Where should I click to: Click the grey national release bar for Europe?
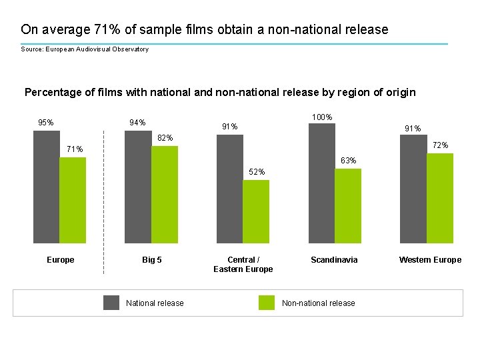[x=46, y=187]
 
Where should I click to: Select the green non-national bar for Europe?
[x=73, y=200]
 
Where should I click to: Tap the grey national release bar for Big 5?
[x=138, y=187]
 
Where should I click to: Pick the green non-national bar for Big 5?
[x=165, y=195]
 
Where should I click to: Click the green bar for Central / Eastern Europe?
[x=256, y=211]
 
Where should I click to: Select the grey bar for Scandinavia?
[x=322, y=183]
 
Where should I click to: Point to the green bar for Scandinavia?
[x=348, y=206]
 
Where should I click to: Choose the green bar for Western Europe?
[x=440, y=198]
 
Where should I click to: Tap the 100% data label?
[x=322, y=117]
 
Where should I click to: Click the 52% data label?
[x=257, y=172]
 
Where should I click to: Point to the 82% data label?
[x=165, y=138]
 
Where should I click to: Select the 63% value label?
[x=348, y=161]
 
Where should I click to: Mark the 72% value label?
[x=440, y=145]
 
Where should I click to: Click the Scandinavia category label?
[x=334, y=260]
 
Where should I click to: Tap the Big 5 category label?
[x=152, y=260]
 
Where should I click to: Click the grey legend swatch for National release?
[x=111, y=303]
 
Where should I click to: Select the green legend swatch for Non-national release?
[x=267, y=303]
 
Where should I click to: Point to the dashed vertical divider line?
[x=104, y=253]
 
